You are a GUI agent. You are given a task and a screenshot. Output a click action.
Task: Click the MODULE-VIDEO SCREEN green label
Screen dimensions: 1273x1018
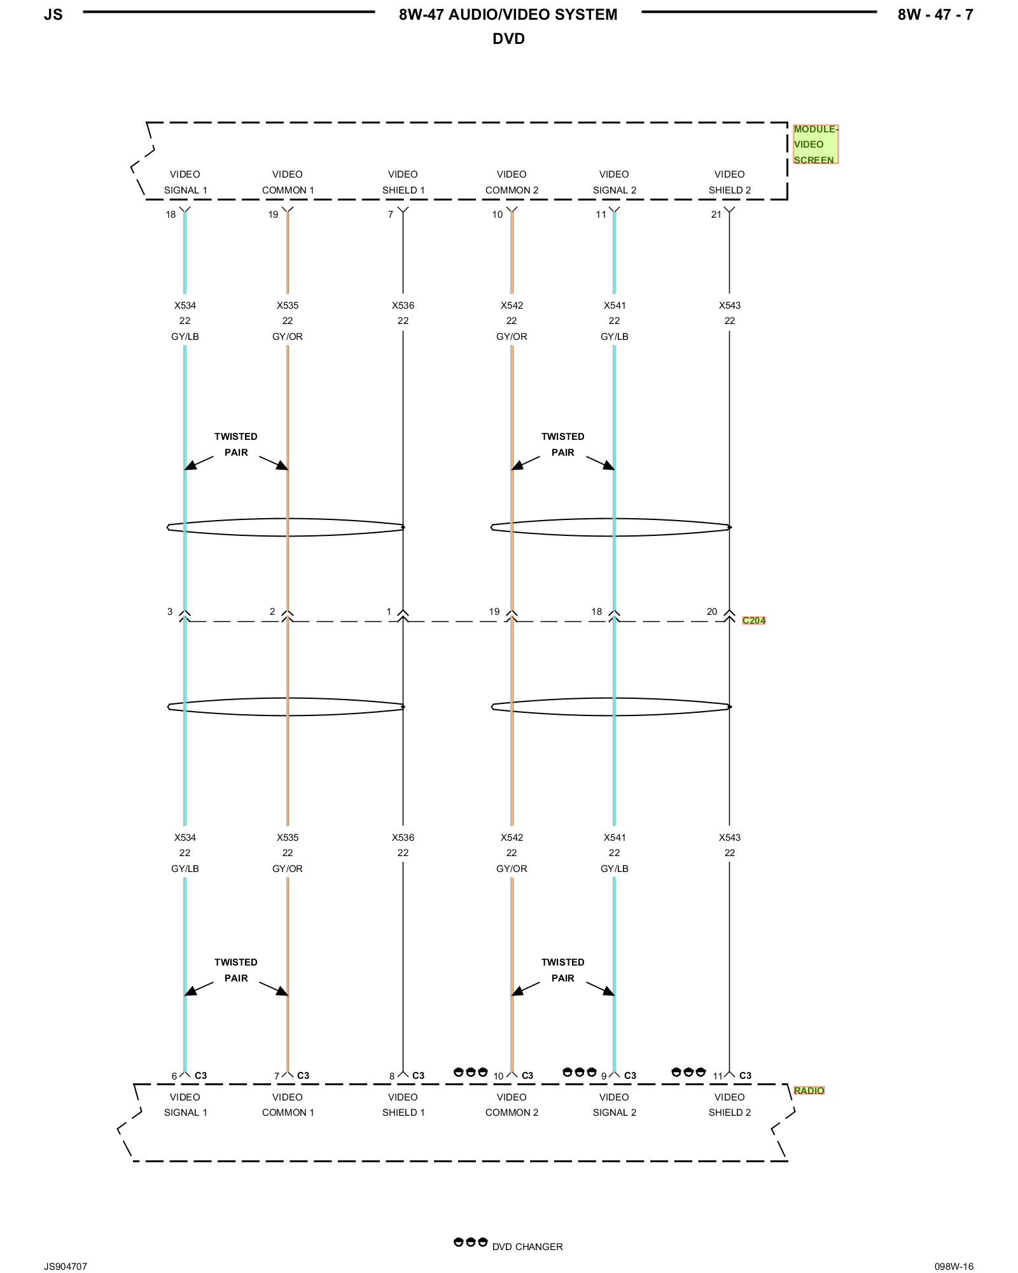[815, 144]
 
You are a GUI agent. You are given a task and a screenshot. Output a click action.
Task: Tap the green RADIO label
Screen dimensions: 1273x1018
[809, 1090]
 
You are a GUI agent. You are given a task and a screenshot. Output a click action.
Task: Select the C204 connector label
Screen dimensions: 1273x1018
[754, 621]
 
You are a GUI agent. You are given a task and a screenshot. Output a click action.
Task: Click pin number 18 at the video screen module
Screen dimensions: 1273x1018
[171, 215]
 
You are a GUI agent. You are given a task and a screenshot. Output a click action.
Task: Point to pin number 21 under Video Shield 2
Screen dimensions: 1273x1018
[716, 215]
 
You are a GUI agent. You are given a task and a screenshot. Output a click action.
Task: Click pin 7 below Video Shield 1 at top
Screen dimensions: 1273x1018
[391, 215]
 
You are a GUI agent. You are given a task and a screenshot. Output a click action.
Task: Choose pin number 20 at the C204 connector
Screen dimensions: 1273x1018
[712, 612]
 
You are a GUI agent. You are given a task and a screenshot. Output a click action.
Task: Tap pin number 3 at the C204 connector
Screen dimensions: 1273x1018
[170, 612]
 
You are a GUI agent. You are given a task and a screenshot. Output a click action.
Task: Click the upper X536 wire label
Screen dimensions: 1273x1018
[403, 306]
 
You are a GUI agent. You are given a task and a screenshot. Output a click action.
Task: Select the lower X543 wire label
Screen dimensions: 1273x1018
[730, 838]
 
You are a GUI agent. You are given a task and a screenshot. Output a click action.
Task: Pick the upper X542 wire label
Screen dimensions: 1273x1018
[512, 306]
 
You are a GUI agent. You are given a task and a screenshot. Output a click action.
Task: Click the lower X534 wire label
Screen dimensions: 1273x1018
[185, 838]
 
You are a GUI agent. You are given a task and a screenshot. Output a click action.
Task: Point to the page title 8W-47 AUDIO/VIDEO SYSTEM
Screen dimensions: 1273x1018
[508, 15]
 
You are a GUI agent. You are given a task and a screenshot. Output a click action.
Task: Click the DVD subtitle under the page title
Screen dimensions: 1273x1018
[508, 39]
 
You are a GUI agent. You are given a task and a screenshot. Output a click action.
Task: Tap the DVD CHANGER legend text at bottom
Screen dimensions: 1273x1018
[527, 1247]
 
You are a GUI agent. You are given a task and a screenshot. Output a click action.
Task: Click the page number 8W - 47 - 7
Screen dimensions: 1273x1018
[935, 15]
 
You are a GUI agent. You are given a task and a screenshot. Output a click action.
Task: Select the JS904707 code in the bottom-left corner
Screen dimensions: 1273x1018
[66, 1267]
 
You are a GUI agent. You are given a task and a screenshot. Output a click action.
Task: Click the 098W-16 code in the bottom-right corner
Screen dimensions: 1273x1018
[954, 1267]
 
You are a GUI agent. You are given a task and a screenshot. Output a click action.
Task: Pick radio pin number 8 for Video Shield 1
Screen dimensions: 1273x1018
[392, 1076]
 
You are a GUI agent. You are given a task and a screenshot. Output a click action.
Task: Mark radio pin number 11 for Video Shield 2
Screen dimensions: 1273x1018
[718, 1076]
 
